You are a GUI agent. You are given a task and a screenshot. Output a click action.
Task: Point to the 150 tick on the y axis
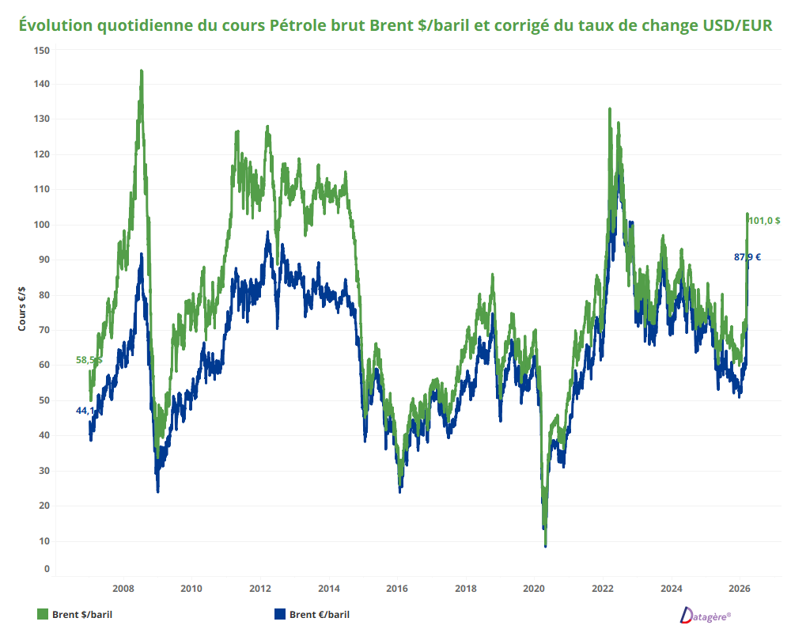click(x=42, y=50)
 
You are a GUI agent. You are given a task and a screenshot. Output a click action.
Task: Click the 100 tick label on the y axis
click(x=42, y=225)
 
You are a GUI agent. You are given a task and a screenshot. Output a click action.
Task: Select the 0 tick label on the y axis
click(x=47, y=568)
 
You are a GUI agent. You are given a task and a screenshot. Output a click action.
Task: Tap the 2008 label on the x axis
click(x=123, y=589)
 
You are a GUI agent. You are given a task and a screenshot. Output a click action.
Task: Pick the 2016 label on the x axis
click(x=396, y=589)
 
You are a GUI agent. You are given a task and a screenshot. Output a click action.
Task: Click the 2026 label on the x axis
click(x=739, y=589)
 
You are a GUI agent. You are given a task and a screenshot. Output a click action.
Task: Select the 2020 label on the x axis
click(x=534, y=589)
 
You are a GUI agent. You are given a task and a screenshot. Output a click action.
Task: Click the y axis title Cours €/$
click(x=23, y=309)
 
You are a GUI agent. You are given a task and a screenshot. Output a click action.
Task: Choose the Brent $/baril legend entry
click(x=87, y=614)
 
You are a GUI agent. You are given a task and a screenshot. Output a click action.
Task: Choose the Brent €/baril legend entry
click(x=319, y=614)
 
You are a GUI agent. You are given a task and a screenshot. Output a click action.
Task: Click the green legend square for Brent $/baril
click(x=43, y=614)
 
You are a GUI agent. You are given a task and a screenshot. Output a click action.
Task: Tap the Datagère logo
click(x=706, y=615)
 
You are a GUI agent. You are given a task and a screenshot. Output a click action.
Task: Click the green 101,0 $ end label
click(x=764, y=221)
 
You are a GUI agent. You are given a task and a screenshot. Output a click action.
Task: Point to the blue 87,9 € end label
click(x=747, y=256)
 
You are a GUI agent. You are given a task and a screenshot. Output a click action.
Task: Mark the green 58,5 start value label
click(x=87, y=360)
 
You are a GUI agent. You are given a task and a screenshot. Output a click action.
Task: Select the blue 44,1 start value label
click(x=85, y=411)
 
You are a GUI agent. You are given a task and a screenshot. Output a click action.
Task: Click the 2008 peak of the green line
click(x=142, y=71)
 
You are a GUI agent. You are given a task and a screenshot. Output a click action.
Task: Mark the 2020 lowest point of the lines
click(x=546, y=545)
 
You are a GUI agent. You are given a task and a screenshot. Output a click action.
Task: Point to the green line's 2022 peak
click(x=610, y=109)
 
